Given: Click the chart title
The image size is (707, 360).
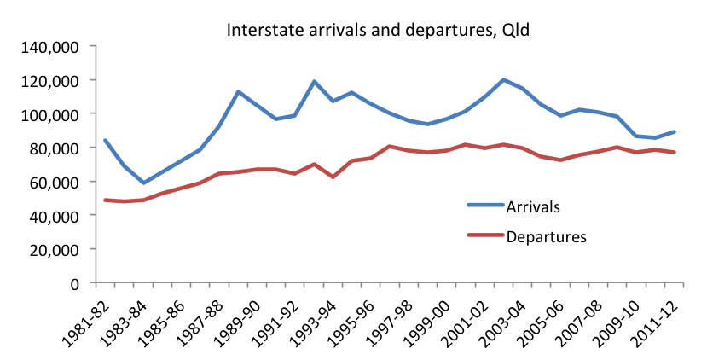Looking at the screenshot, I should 379,30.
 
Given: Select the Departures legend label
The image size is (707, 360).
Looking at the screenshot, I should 547,236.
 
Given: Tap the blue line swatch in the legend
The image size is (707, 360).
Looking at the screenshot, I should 485,206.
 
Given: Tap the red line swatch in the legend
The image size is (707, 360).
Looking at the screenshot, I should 485,236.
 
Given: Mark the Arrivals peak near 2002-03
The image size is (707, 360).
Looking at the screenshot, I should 504,80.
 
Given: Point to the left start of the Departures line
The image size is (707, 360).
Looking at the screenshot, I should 104,200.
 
